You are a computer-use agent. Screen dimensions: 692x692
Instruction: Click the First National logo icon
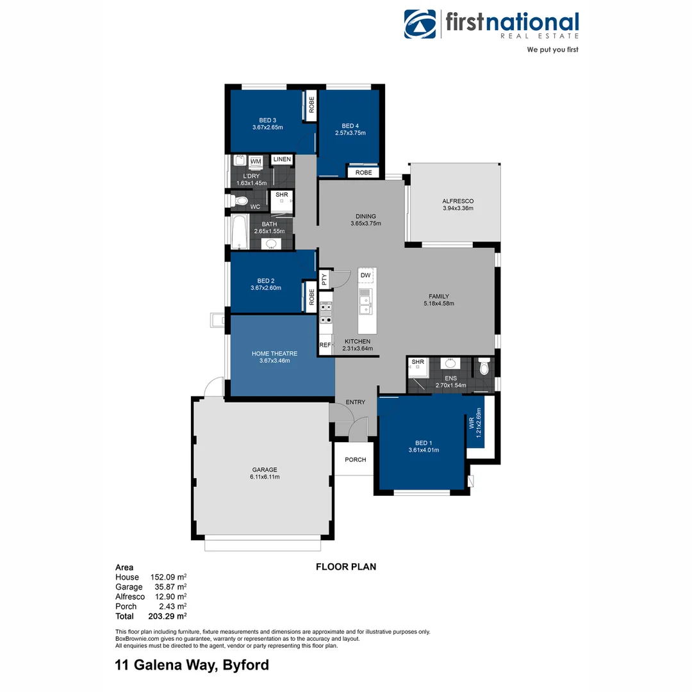pos(420,24)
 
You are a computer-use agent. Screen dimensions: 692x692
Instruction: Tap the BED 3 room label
pos(268,120)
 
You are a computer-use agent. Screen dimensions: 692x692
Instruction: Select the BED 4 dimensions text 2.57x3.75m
pos(350,133)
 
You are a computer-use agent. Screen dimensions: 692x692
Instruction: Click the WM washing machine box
pos(256,161)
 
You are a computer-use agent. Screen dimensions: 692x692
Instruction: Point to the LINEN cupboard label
pos(281,159)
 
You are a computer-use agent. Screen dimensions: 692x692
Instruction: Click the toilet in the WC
pos(239,201)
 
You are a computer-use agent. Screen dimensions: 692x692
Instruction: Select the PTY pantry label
pos(324,279)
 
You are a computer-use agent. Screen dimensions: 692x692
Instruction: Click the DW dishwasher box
pos(366,276)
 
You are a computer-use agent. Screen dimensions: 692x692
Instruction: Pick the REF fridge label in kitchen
pos(325,345)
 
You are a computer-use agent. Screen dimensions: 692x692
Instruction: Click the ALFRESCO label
pos(457,201)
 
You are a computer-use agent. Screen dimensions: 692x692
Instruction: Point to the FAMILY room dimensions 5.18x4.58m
pos(438,304)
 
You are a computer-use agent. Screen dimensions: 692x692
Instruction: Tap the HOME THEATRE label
pos(274,353)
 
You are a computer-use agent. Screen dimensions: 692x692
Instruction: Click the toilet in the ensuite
pos(484,367)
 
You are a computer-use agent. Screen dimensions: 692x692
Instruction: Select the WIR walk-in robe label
pos(472,423)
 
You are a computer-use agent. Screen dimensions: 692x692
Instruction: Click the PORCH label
pos(355,459)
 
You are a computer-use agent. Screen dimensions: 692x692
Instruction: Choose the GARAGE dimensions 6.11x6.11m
pos(264,477)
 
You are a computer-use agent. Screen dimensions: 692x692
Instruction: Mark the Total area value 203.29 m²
pos(168,616)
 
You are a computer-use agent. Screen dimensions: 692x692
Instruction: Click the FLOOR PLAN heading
pos(346,566)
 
